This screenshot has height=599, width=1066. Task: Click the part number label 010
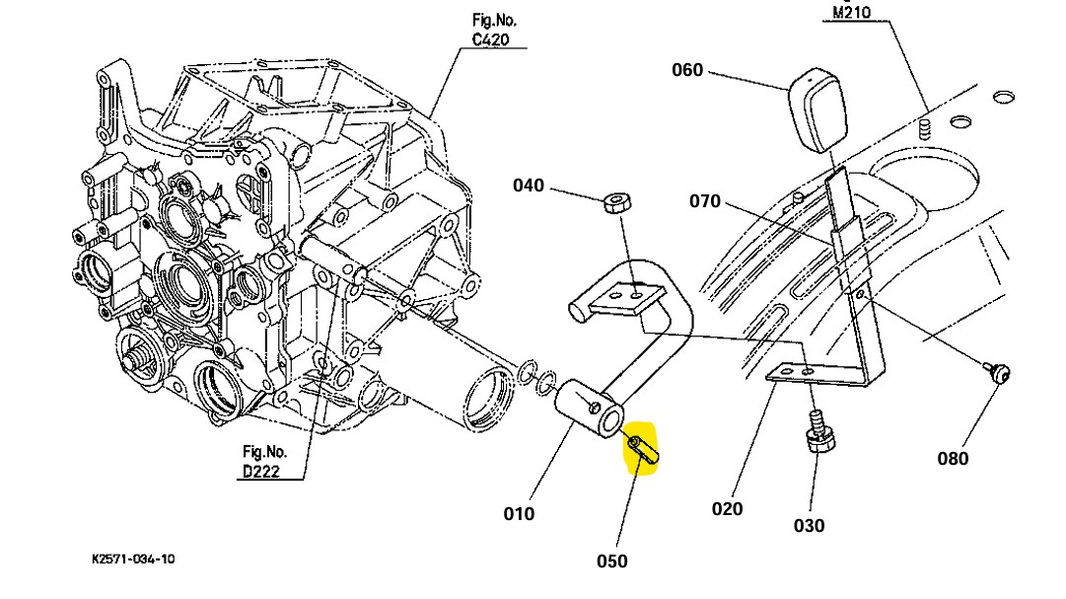coord(519,513)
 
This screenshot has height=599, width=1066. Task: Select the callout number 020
coord(727,508)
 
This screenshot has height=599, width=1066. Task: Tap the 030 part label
coord(809,526)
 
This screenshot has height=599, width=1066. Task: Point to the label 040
coord(529,186)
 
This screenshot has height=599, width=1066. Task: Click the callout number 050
coord(611,561)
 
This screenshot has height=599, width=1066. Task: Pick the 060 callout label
coord(687,70)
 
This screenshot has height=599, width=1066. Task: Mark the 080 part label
coord(953,458)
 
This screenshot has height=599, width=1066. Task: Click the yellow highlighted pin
coord(642,451)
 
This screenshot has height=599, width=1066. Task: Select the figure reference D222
coord(261,462)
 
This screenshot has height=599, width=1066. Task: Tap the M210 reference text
coord(852,13)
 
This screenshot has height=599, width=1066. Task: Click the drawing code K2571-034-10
coord(133,559)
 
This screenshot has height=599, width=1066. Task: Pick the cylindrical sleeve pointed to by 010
coord(589,412)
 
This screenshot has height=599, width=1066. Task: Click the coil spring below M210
coord(925,128)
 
